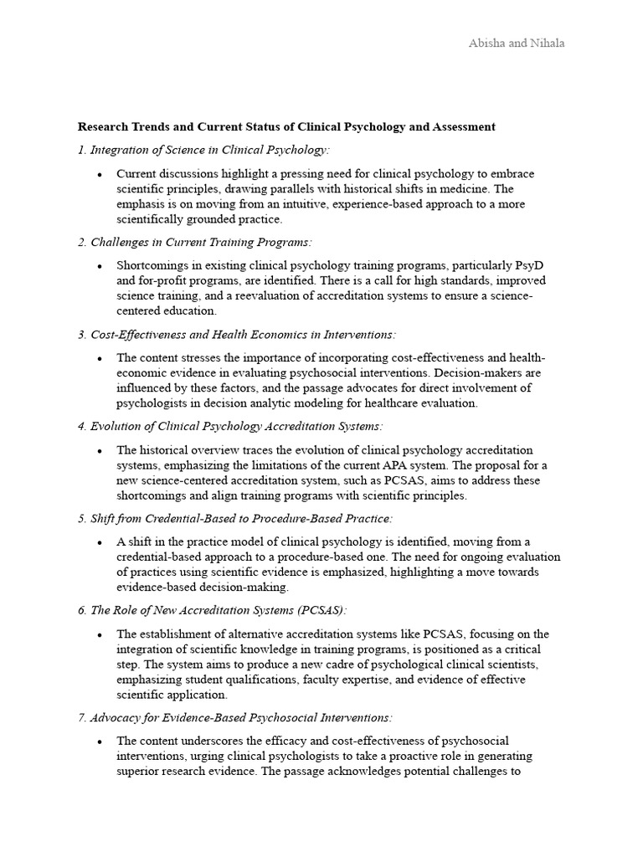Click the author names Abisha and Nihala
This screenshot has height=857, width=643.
[516, 44]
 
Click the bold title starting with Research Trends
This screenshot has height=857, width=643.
[286, 127]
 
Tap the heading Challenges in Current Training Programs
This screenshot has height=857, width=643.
[194, 242]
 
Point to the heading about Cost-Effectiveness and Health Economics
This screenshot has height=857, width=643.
[236, 335]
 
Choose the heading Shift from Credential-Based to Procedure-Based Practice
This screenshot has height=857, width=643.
[234, 519]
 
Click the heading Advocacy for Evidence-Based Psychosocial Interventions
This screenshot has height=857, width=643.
[235, 718]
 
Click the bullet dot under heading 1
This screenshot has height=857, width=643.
[100, 174]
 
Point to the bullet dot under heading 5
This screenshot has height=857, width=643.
[100, 542]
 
